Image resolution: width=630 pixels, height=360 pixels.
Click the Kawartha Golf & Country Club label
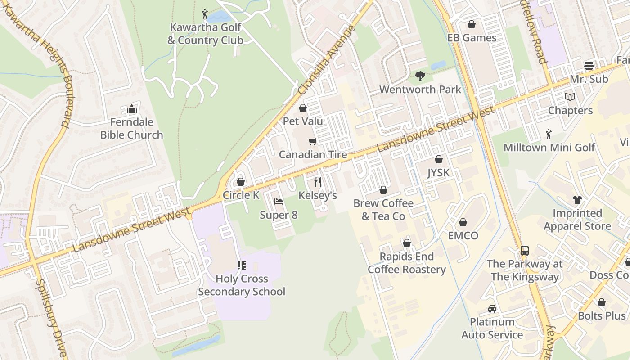click(x=205, y=34)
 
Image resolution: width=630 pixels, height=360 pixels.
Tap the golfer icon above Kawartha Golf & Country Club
click(x=205, y=14)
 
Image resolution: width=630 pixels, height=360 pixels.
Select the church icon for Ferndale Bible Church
click(x=131, y=109)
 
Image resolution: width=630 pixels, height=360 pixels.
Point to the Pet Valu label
click(x=303, y=121)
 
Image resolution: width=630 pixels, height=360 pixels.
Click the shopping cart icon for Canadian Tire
click(x=312, y=142)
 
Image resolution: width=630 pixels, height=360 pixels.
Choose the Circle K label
click(x=241, y=195)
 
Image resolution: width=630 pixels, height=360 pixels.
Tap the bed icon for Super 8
click(x=279, y=202)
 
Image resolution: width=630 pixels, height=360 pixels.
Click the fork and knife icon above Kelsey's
click(x=318, y=182)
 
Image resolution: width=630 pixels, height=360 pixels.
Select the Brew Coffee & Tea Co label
click(x=383, y=210)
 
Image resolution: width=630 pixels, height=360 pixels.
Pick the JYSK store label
click(x=438, y=173)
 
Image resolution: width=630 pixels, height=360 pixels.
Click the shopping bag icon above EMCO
click(x=463, y=222)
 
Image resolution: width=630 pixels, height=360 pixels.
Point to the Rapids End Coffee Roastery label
click(x=407, y=263)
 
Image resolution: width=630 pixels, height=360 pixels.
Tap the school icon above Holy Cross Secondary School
click(x=242, y=265)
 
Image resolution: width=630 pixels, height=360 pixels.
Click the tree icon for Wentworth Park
click(x=420, y=76)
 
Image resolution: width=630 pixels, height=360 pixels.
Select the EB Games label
click(x=472, y=38)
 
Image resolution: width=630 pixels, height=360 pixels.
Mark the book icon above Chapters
click(x=570, y=97)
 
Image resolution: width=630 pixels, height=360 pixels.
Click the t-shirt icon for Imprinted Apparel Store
click(x=577, y=199)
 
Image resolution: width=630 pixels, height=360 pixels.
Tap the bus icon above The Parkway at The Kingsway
click(x=525, y=250)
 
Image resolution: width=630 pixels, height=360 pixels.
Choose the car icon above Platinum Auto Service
click(x=492, y=309)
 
